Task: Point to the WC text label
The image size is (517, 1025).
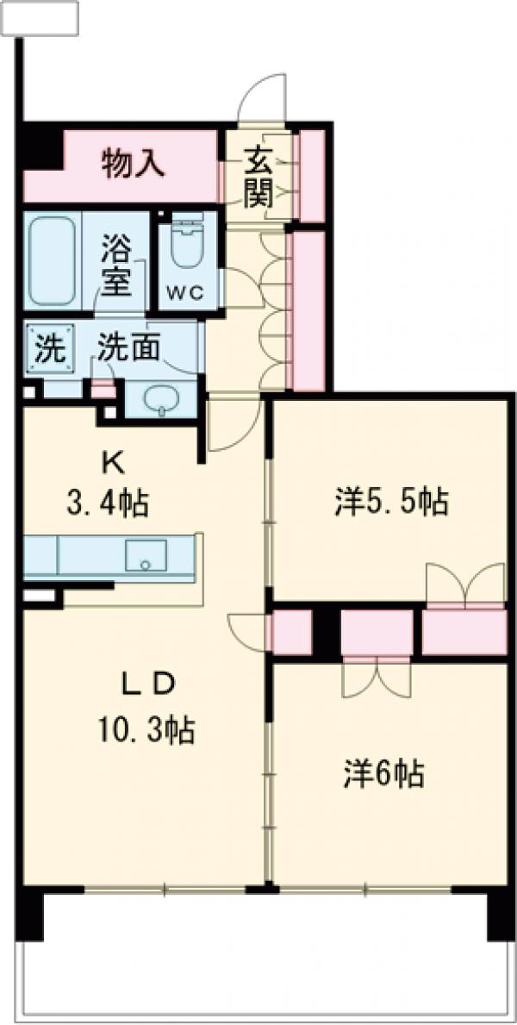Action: (185, 292)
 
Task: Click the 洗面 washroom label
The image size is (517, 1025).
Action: (128, 347)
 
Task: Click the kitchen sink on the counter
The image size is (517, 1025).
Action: (146, 556)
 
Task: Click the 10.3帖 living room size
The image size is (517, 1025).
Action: (145, 731)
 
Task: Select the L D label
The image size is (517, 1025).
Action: (146, 685)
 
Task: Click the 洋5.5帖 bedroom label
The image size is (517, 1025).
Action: (390, 501)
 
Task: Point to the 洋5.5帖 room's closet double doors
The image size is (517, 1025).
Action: (465, 584)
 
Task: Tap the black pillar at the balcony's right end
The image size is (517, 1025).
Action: (500, 914)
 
